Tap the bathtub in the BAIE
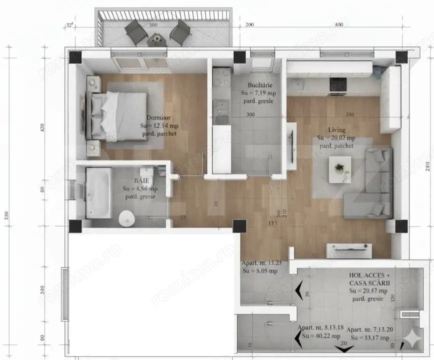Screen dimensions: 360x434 click(98, 193)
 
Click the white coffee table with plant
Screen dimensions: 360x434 click(340, 167)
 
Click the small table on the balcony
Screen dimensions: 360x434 click(157, 38)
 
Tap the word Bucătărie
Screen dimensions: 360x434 click(259, 85)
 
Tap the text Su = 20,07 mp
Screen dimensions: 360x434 click(336, 137)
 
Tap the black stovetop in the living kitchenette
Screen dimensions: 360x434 click(338, 85)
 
